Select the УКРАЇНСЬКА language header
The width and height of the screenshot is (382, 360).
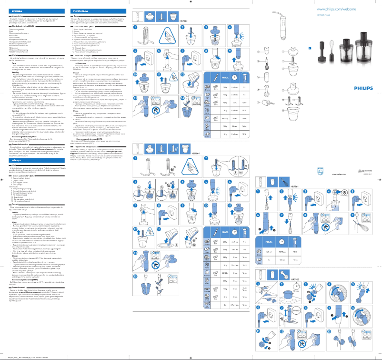coord(77,9)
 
